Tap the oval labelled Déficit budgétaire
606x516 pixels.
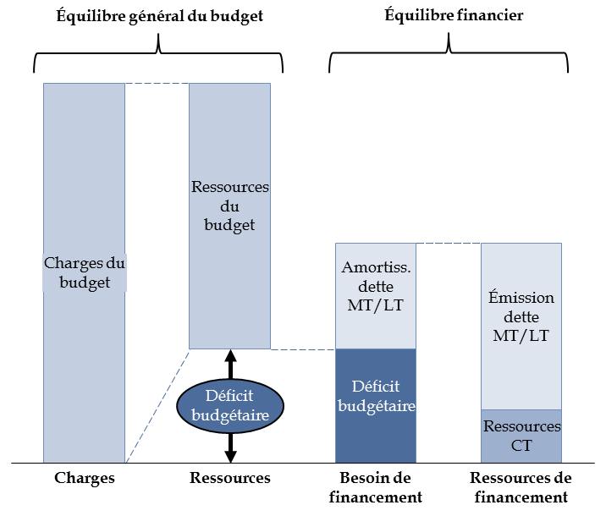(229, 405)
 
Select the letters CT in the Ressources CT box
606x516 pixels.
(521, 445)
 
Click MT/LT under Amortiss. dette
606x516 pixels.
(376, 305)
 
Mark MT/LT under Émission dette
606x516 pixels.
(521, 336)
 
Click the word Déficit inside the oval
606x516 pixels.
(229, 396)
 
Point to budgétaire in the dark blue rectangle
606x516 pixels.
(377, 406)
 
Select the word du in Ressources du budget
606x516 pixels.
(229, 206)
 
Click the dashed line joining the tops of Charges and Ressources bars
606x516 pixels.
(157, 84)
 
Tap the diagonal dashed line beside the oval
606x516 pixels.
(157, 406)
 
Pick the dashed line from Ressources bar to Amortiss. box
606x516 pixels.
(303, 349)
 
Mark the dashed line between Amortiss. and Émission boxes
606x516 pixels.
(449, 244)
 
